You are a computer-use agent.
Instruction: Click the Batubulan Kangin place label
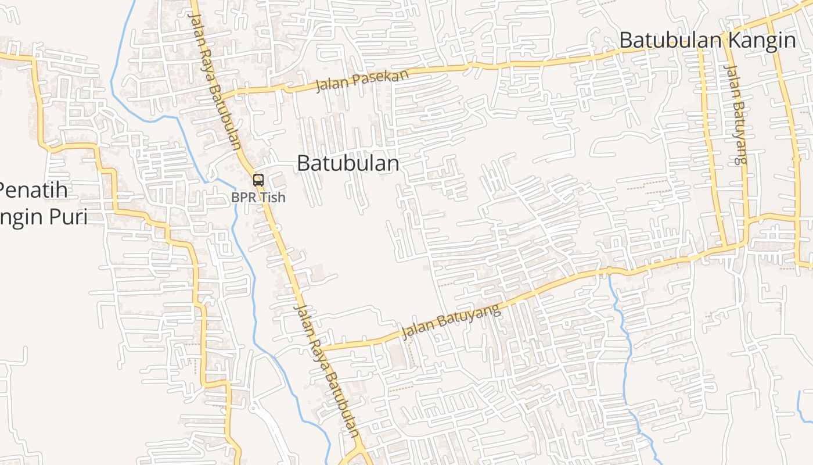[x=707, y=40]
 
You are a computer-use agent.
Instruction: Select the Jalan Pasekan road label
[x=362, y=80]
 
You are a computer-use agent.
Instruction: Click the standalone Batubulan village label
[x=348, y=163]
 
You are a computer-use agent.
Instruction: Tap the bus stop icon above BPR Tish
[x=258, y=180]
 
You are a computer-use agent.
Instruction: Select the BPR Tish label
[x=258, y=198]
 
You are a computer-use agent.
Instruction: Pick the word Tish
[x=272, y=198]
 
